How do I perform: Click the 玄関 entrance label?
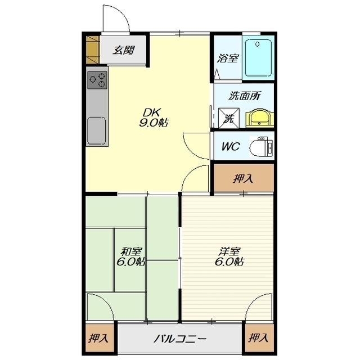click(123, 50)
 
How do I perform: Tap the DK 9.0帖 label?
click(153, 118)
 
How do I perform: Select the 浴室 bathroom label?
click(228, 58)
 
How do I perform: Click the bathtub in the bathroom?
click(258, 58)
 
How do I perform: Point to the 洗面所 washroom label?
click(245, 96)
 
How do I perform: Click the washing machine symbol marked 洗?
click(229, 118)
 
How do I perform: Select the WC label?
click(231, 146)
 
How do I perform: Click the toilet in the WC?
click(261, 147)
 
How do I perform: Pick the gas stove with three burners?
click(97, 80)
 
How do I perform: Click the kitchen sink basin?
click(97, 131)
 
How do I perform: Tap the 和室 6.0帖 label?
click(131, 256)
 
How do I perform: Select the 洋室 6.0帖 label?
click(229, 256)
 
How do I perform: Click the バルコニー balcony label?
click(180, 339)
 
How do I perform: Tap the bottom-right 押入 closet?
click(259, 338)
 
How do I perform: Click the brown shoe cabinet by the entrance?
click(93, 49)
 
